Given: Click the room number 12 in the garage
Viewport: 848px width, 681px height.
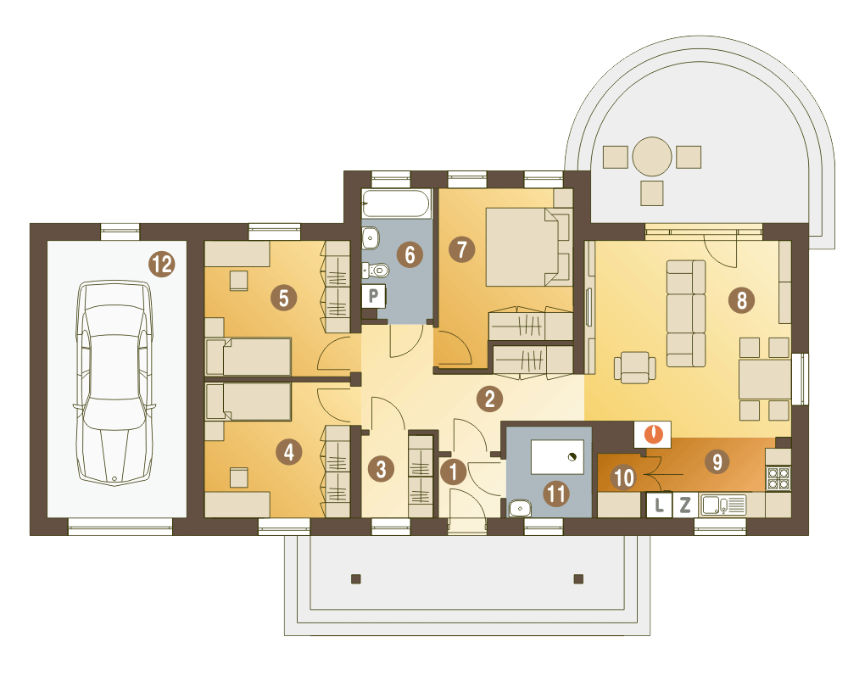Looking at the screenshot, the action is pyautogui.click(x=162, y=264).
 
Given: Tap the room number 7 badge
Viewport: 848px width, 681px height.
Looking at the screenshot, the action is pyautogui.click(x=462, y=249).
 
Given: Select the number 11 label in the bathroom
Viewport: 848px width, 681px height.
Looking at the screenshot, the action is pyautogui.click(x=556, y=494).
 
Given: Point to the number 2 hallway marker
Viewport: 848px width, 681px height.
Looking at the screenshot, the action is pyautogui.click(x=489, y=399).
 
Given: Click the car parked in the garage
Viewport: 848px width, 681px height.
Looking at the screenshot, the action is pyautogui.click(x=114, y=382).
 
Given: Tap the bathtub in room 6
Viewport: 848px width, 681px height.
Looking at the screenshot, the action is pyautogui.click(x=396, y=204).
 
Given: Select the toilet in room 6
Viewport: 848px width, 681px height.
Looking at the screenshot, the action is pyautogui.click(x=376, y=269).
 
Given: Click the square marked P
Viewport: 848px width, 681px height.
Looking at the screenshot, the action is pyautogui.click(x=373, y=296).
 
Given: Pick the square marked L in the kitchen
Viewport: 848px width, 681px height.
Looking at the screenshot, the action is pyautogui.click(x=659, y=505).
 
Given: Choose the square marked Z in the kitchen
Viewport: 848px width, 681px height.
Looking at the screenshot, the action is pyautogui.click(x=684, y=505).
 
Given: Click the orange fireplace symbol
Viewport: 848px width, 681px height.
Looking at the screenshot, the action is pyautogui.click(x=653, y=434).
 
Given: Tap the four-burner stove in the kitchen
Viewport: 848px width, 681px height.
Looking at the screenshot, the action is pyautogui.click(x=778, y=478).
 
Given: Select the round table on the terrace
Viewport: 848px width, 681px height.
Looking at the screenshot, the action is pyautogui.click(x=651, y=157).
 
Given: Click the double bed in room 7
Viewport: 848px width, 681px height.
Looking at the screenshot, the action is pyautogui.click(x=528, y=247).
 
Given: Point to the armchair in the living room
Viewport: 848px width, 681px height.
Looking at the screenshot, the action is pyautogui.click(x=635, y=367).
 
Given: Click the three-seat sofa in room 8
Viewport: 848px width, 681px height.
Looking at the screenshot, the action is pyautogui.click(x=686, y=313).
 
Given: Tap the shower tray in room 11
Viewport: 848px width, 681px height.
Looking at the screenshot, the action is pyautogui.click(x=558, y=457).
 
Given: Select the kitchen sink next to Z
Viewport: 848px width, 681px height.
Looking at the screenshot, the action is pyautogui.click(x=723, y=505).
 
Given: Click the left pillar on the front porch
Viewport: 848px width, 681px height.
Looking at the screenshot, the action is pyautogui.click(x=356, y=578).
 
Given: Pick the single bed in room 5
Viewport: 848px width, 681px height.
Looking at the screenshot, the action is pyautogui.click(x=248, y=356).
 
